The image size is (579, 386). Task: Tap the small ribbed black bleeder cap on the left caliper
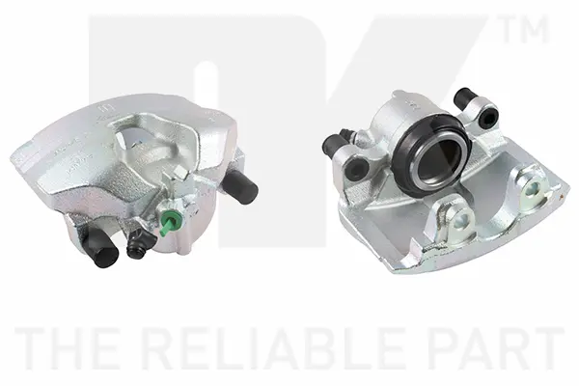coord(138,248)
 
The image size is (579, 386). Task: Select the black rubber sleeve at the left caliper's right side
coord(239,187)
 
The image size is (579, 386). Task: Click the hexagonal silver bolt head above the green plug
coord(179,173)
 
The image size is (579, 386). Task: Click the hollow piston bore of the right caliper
coord(431,157)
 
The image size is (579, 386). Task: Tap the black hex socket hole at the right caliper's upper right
coord(487,118)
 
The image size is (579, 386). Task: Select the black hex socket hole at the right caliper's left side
coord(355,170)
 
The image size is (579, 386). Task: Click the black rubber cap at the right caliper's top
coord(464,96)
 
